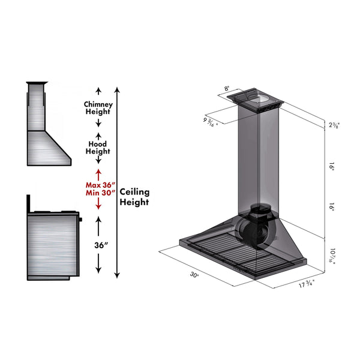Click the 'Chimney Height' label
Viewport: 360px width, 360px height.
pyautogui.click(x=98, y=108)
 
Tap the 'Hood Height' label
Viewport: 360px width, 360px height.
pyautogui.click(x=98, y=148)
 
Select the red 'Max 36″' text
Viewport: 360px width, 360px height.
pyautogui.click(x=100, y=185)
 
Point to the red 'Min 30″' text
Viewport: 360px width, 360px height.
pyautogui.click(x=100, y=193)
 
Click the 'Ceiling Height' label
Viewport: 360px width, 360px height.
pyautogui.click(x=134, y=197)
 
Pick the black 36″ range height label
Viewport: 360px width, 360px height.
pyautogui.click(x=101, y=245)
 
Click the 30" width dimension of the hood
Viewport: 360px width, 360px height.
pyautogui.click(x=194, y=275)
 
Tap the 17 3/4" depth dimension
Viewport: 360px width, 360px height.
pyautogui.click(x=307, y=284)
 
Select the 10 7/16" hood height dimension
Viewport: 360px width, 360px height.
pyautogui.click(x=332, y=256)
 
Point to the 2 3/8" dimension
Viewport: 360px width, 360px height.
pyautogui.click(x=334, y=125)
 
